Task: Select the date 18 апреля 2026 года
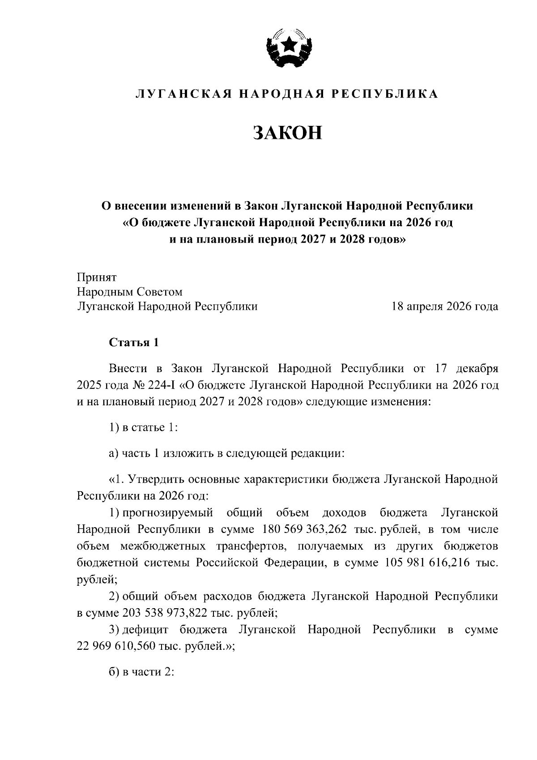(445, 306)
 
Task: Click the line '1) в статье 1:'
(144, 427)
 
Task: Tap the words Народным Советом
(130, 292)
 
